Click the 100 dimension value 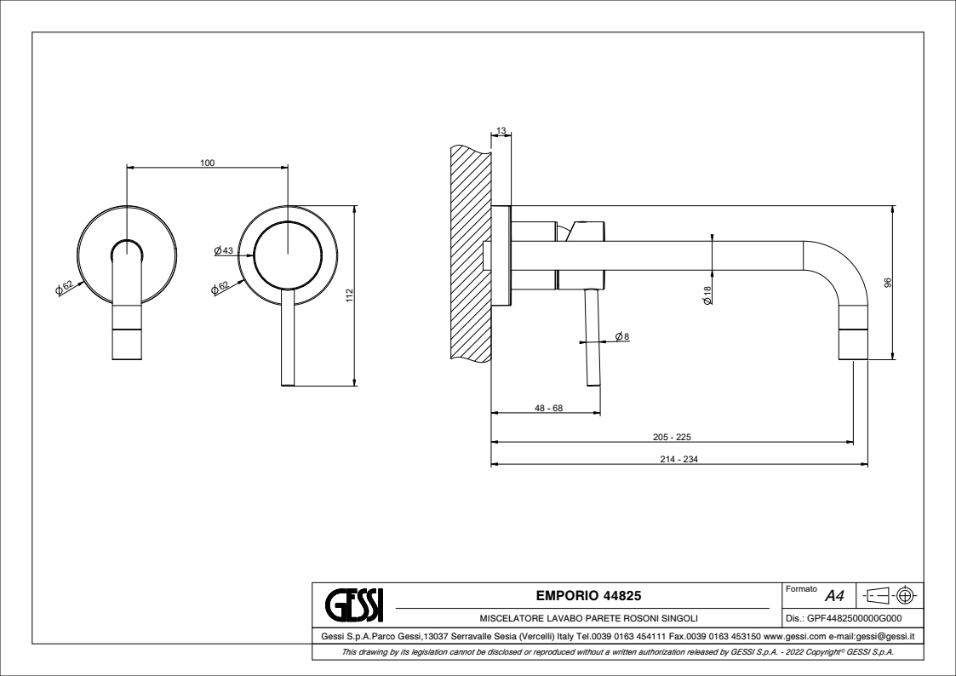208,163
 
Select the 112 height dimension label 349,295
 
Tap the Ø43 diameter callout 224,250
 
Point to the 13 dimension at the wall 501,131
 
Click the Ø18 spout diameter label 707,295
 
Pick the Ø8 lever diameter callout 622,335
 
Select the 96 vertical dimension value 888,283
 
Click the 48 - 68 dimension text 549,408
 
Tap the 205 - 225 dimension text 672,437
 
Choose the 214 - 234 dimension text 678,459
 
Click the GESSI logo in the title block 354,604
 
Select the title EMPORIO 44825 588,595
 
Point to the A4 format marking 834,595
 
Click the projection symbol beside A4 891,594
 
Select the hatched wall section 472,254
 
